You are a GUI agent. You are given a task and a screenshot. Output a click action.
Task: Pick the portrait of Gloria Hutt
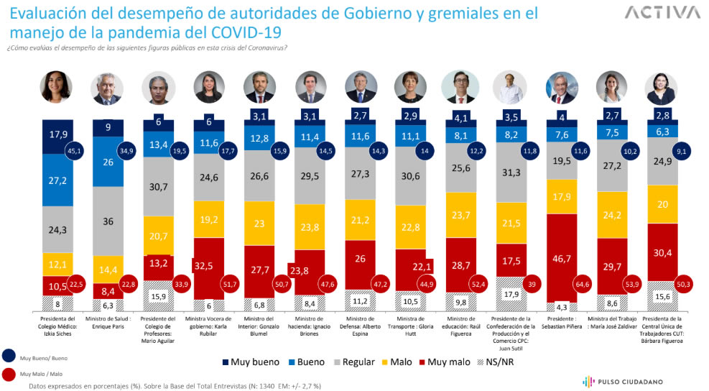(412, 88)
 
